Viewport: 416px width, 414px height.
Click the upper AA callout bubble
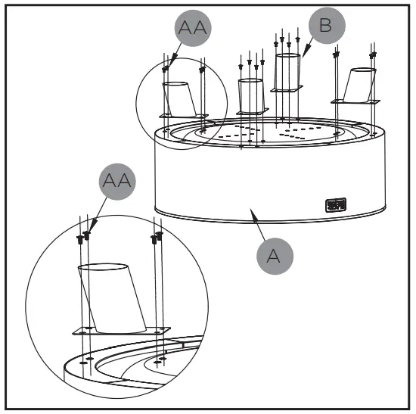(192, 30)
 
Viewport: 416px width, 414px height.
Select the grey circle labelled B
(324, 26)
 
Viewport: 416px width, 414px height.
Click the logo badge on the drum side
(334, 204)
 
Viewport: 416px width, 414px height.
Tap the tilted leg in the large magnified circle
(113, 299)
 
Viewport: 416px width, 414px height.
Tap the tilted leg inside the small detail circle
(180, 98)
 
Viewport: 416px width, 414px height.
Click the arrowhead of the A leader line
(251, 214)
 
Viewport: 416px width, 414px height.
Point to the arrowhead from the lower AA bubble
(90, 227)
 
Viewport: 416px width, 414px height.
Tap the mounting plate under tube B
(287, 89)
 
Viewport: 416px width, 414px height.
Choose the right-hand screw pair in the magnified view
(157, 238)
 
